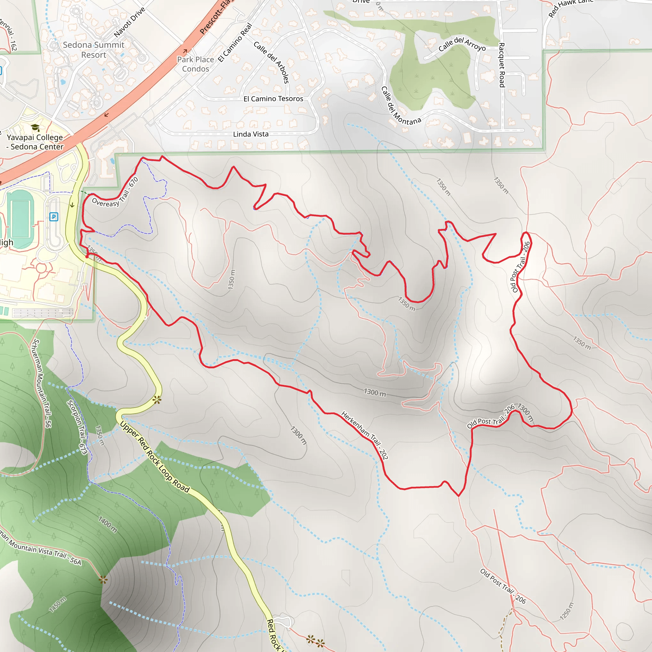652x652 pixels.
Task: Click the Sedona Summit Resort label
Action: click(x=94, y=50)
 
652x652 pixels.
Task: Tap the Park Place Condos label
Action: click(x=195, y=64)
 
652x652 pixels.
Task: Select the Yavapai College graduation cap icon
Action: click(x=35, y=128)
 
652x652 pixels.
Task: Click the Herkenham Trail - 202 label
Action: click(x=365, y=435)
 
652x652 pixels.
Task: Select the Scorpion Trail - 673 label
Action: click(x=77, y=427)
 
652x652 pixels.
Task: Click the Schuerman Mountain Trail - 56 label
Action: click(x=41, y=383)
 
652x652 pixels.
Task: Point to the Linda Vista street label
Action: click(x=251, y=134)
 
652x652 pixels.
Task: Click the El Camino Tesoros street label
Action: click(x=273, y=99)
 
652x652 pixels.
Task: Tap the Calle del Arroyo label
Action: click(x=462, y=44)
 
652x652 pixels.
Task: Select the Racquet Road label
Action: click(x=502, y=65)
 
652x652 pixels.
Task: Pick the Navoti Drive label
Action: click(x=129, y=22)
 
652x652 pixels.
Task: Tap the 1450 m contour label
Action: click(x=58, y=605)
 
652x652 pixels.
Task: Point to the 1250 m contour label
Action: click(x=567, y=611)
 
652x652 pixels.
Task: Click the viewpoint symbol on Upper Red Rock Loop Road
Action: click(x=157, y=400)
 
